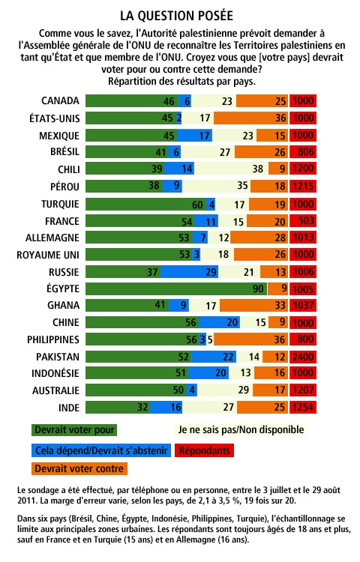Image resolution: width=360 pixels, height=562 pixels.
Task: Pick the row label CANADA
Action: coord(60,100)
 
